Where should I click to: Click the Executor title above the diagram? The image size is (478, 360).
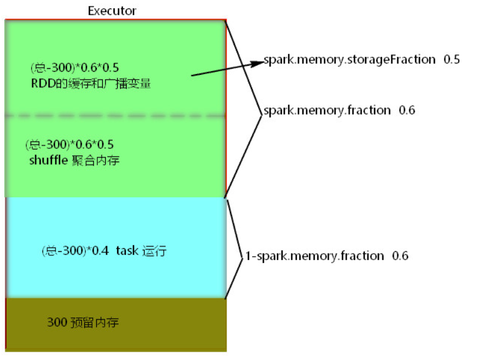click(x=111, y=10)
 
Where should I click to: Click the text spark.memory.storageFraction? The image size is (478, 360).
click(x=350, y=60)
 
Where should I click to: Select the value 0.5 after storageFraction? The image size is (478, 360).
click(x=452, y=60)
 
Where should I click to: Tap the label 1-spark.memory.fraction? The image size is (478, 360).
click(x=315, y=256)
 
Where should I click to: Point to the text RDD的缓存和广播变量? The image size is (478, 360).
click(x=91, y=84)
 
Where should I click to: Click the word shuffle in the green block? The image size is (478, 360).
click(x=46, y=160)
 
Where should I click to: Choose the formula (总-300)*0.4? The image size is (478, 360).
click(x=75, y=251)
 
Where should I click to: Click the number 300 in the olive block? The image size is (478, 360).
click(x=57, y=323)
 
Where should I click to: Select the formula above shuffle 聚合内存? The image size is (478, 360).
click(x=69, y=144)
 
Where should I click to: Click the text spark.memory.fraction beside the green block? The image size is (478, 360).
click(x=327, y=110)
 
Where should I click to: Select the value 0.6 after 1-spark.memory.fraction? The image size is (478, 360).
click(x=400, y=256)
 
